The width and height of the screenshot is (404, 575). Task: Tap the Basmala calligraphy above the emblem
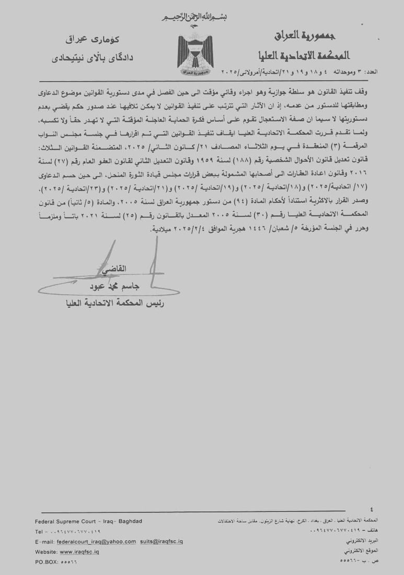[x=194, y=17]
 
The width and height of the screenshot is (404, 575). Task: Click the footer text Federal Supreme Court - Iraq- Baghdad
[x=88, y=521]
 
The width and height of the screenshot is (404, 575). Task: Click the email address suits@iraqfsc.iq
[x=161, y=542]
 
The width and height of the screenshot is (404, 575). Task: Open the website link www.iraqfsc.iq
[x=80, y=551]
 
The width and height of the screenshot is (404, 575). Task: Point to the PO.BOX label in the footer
[x=47, y=561]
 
